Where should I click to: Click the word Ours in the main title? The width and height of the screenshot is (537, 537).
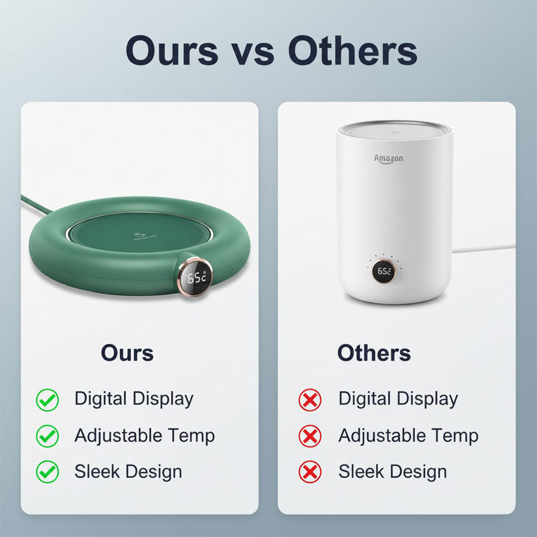172,51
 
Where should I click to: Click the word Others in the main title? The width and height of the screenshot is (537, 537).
353,51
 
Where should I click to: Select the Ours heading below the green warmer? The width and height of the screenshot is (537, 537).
127,353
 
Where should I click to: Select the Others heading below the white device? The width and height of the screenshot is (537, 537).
374,353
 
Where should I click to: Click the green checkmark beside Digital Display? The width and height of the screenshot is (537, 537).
47,400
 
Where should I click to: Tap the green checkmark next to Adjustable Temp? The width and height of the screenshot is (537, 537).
47,436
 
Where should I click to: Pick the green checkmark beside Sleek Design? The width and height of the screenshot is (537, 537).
47,472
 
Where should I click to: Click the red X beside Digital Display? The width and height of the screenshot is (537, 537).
310,400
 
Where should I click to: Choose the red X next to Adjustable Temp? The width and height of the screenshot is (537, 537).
310,436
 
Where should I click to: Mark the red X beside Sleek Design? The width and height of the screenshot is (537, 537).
310,472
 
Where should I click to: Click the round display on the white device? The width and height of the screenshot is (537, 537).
384,271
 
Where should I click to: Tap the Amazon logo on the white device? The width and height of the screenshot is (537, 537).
388,158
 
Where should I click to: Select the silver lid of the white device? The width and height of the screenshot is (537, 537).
394,128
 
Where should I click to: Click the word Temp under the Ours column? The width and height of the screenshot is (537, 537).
191,436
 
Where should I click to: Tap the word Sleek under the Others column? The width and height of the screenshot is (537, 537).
360,471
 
